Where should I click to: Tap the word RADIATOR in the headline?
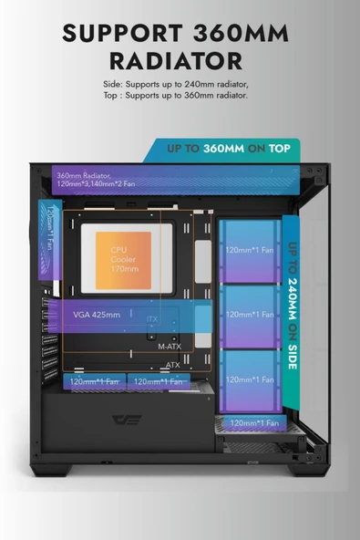click(179, 61)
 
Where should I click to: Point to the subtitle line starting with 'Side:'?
click(176, 84)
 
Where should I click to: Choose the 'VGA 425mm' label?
click(97, 315)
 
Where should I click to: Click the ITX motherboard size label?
click(152, 320)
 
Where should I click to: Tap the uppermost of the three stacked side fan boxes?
click(250, 250)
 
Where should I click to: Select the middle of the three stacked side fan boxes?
click(250, 315)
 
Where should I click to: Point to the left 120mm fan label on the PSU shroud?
click(96, 380)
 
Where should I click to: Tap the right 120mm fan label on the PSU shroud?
click(160, 380)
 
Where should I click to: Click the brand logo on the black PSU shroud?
click(124, 420)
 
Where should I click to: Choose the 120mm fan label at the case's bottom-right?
click(255, 422)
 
